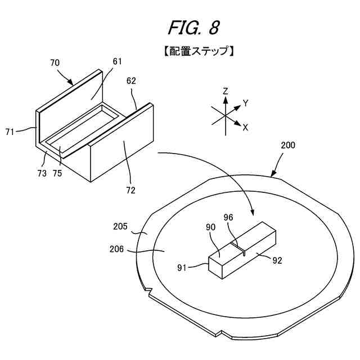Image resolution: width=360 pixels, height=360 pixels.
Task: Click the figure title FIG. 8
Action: [x=193, y=27]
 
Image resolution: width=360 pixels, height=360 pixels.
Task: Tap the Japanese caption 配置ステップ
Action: [x=195, y=51]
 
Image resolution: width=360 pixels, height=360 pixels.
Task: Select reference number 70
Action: [x=55, y=63]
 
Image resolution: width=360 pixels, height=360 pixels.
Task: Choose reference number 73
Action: [x=42, y=173]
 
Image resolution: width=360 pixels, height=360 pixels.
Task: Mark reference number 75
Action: [x=57, y=173]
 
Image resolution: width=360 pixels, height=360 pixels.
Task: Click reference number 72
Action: [x=130, y=190]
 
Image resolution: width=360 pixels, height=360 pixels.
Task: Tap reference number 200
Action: [x=287, y=145]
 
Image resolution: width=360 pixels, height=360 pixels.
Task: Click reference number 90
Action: [x=211, y=227]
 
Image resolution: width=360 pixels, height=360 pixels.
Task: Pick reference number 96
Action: [x=228, y=217]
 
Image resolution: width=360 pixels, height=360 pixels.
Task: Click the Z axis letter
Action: [x=225, y=91]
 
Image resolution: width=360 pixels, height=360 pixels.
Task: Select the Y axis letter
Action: [x=245, y=103]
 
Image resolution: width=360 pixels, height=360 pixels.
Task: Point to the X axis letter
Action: [x=245, y=128]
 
